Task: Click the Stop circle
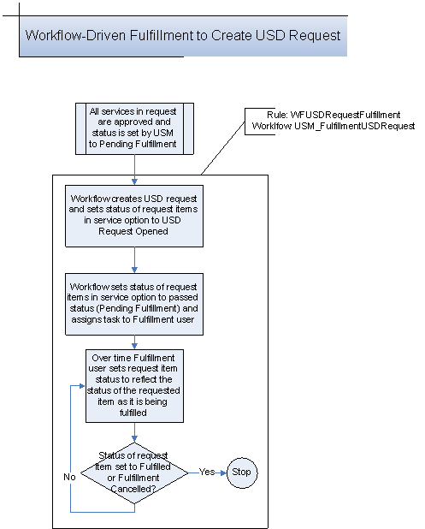click(x=242, y=473)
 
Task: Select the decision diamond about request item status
click(x=134, y=473)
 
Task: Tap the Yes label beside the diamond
click(x=206, y=472)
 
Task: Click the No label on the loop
click(x=69, y=477)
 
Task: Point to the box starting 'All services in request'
click(x=133, y=128)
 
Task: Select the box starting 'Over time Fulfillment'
click(x=134, y=385)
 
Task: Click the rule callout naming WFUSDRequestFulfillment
click(x=329, y=120)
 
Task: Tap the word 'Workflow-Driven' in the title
click(x=68, y=36)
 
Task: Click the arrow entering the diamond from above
click(x=134, y=432)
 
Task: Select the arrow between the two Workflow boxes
click(x=133, y=259)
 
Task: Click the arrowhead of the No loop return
click(x=81, y=385)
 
